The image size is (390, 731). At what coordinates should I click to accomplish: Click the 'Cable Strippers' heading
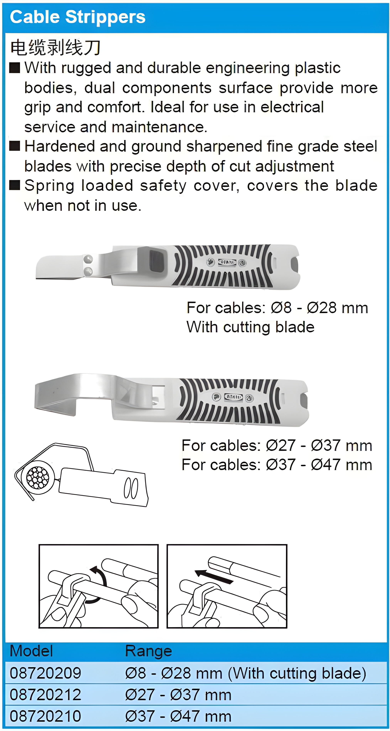78,17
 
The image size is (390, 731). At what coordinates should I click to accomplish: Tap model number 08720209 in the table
45,673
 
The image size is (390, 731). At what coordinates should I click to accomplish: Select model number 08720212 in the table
45,694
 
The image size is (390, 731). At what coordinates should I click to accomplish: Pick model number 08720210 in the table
45,716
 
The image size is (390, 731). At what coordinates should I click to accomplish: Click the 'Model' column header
31,651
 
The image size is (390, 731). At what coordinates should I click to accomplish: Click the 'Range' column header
149,651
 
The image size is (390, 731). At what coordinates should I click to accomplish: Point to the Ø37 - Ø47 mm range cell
178,716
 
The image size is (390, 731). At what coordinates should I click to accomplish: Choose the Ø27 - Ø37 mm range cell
178,694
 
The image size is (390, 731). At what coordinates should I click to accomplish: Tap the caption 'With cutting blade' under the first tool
250,327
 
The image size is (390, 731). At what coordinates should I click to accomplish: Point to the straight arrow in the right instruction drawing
214,577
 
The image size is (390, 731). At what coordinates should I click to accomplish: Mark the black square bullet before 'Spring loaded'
15,186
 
